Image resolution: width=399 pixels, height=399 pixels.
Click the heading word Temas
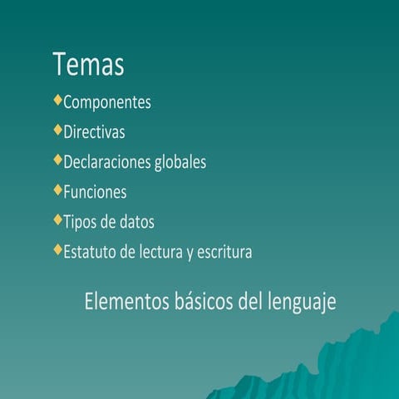88,64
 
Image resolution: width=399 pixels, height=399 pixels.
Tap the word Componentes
107,103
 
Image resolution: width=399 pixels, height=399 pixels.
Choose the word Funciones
95,192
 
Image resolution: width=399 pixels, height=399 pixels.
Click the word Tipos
81,222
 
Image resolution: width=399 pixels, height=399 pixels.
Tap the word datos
135,222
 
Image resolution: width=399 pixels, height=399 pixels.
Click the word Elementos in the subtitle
124,301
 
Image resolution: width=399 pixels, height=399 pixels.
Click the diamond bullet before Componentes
57,101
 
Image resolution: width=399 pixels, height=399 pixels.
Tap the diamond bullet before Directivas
57,131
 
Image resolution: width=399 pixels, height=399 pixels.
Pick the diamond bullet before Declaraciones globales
57,160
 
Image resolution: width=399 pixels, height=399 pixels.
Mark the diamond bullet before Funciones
57,190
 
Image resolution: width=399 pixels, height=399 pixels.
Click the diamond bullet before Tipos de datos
57,220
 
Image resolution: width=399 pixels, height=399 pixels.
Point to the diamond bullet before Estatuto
57,249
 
